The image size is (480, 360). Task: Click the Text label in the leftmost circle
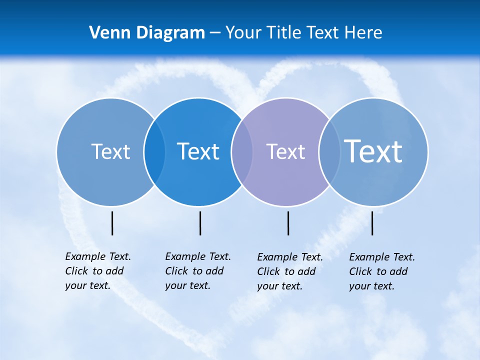click(110, 151)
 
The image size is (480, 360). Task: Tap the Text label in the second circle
click(198, 151)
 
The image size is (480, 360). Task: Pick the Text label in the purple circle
click(285, 151)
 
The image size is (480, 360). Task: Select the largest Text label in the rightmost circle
click(373, 151)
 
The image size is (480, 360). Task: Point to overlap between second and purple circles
click(242, 152)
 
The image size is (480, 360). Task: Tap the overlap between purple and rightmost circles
click(329, 152)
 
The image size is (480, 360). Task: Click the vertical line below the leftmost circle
click(112, 223)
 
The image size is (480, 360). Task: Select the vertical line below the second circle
click(200, 223)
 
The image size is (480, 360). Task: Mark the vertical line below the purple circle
click(288, 223)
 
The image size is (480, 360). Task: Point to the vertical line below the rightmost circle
click(372, 223)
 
